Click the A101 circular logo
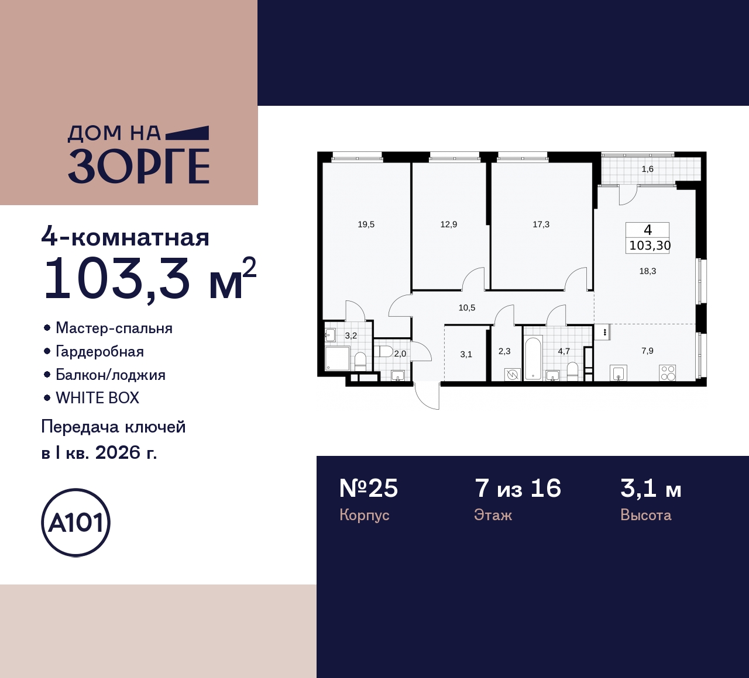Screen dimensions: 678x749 pyautogui.click(x=76, y=523)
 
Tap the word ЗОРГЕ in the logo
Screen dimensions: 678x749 pyautogui.click(x=139, y=166)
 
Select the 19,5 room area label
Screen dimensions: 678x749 pyautogui.click(x=366, y=224)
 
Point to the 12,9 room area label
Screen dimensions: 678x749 pyautogui.click(x=449, y=224)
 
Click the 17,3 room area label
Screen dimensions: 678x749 pyautogui.click(x=541, y=224)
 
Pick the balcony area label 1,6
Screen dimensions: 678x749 pyautogui.click(x=647, y=169)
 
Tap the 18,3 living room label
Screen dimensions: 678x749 pyautogui.click(x=647, y=271)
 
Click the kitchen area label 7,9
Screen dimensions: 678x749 pyautogui.click(x=647, y=351)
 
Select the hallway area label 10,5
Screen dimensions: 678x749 pyautogui.click(x=467, y=308)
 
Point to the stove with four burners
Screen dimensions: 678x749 pyautogui.click(x=668, y=372)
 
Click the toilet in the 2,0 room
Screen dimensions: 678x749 pyautogui.click(x=383, y=352)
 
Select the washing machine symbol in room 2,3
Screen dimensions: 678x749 pyautogui.click(x=512, y=374)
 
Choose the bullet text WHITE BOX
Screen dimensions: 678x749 pyautogui.click(x=97, y=398)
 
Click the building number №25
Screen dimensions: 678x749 pyautogui.click(x=369, y=489)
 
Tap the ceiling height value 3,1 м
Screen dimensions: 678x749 pyautogui.click(x=651, y=489)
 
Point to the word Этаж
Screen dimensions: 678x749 pyautogui.click(x=493, y=516)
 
